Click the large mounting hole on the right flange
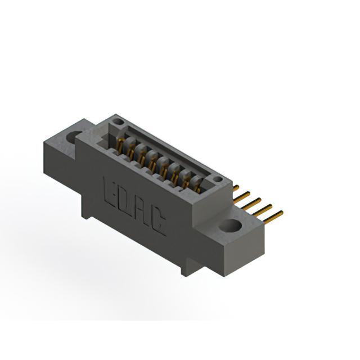[230, 225]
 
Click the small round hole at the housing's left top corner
[119, 121]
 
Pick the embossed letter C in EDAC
[158, 223]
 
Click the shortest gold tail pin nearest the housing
[236, 187]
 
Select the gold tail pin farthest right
[273, 217]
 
